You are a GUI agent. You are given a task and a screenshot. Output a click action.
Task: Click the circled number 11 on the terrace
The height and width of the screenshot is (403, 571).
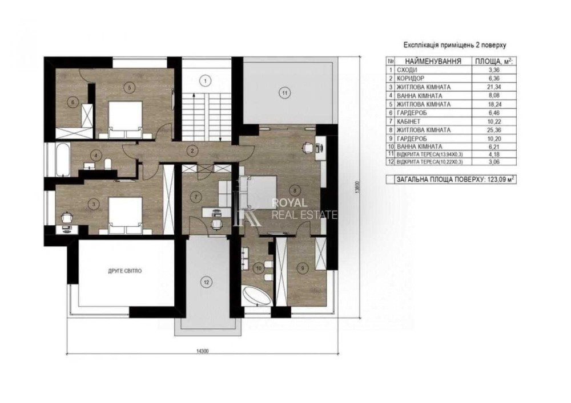(285, 93)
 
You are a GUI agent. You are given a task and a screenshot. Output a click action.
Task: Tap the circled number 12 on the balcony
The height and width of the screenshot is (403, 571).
(207, 282)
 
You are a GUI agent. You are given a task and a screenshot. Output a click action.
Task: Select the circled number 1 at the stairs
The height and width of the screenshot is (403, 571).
(206, 81)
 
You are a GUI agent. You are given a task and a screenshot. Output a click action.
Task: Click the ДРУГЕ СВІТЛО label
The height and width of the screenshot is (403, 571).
(125, 271)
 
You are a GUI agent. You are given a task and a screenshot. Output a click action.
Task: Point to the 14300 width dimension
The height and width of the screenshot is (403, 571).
(202, 351)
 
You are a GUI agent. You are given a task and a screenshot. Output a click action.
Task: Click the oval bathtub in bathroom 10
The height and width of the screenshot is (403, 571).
(257, 296)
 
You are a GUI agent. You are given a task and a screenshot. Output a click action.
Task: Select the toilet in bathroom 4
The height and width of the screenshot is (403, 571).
(108, 164)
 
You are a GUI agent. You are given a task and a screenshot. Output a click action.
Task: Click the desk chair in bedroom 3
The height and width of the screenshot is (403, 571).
(66, 217)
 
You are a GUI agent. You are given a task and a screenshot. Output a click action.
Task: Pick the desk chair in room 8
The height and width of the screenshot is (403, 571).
(307, 147)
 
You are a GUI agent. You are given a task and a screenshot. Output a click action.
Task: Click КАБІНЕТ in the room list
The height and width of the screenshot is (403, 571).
(408, 121)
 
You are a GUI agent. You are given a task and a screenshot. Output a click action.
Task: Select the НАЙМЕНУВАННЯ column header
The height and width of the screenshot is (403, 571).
(433, 61)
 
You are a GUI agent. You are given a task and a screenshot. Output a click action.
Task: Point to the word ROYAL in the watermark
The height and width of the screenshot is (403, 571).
(289, 203)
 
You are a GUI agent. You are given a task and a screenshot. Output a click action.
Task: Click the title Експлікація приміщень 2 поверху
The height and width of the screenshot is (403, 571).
(455, 46)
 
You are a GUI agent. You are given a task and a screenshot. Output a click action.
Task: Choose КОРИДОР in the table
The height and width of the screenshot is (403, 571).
(411, 79)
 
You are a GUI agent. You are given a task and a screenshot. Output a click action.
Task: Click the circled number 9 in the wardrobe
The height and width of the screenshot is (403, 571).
(302, 268)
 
